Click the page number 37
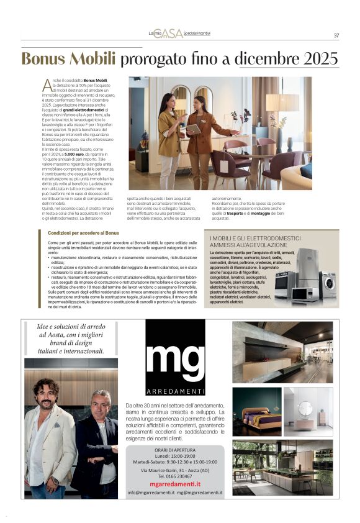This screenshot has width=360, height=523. tap(336, 35)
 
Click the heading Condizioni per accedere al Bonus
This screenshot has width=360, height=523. tap(83, 232)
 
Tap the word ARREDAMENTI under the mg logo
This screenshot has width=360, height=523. tap(175, 391)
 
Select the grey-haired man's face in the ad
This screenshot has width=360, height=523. tap(100, 406)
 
